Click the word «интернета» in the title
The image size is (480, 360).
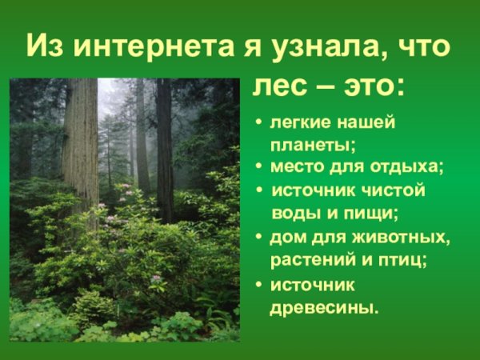pos(146,46)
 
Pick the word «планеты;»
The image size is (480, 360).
pos(313,146)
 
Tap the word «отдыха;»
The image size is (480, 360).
pos(408,168)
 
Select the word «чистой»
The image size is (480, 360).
pos(391,191)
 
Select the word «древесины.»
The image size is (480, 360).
pos(323,306)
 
